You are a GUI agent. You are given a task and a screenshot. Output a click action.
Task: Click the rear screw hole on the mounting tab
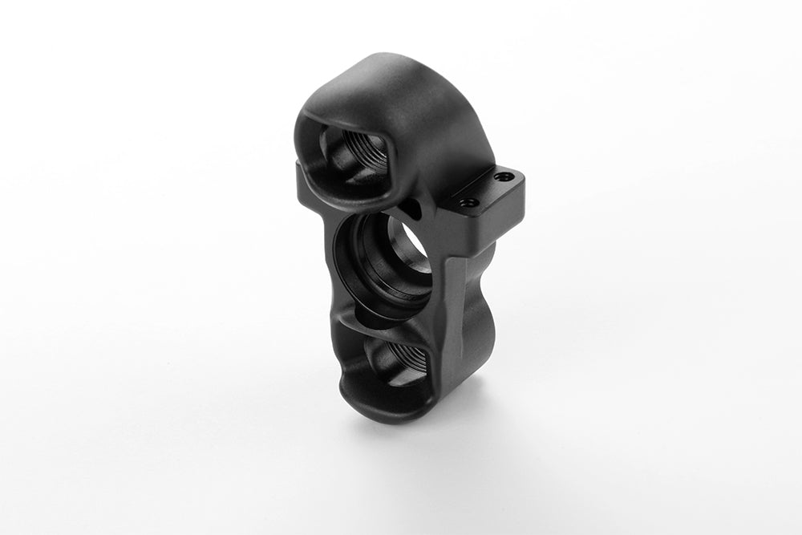(503, 176)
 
